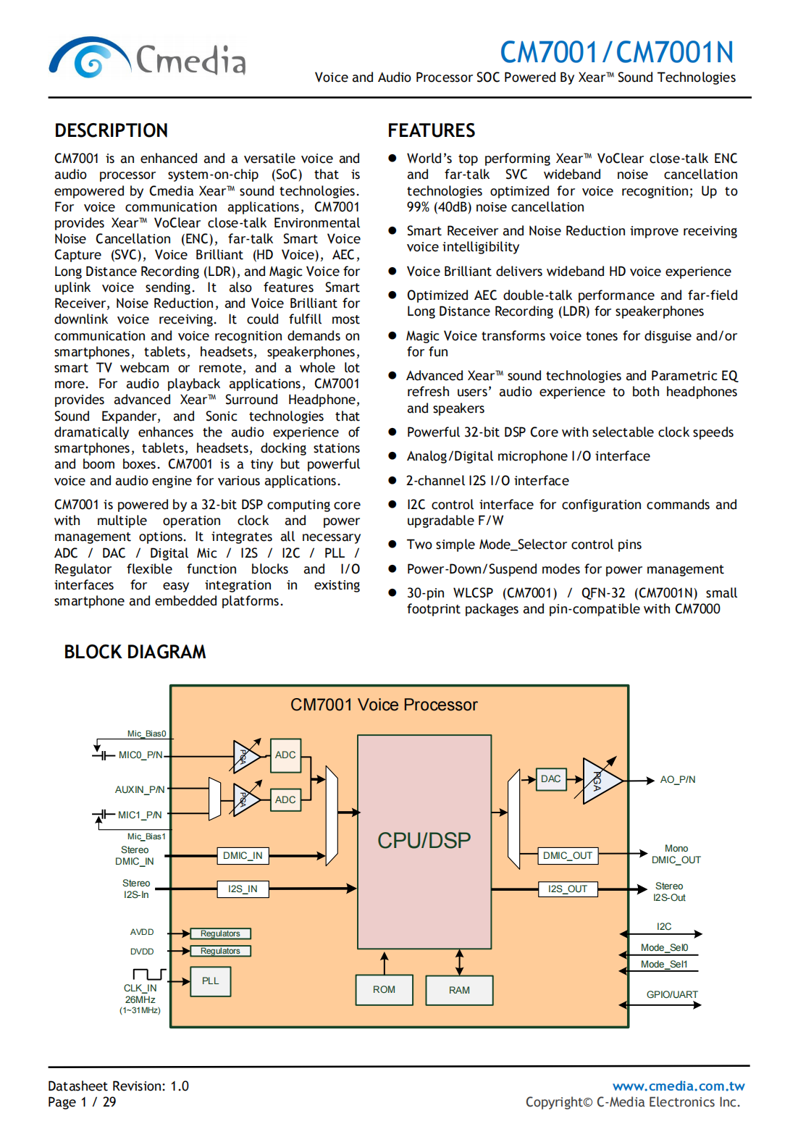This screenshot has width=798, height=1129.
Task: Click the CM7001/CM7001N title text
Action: pyautogui.click(x=616, y=52)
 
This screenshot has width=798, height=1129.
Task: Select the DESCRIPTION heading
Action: pyautogui.click(x=112, y=130)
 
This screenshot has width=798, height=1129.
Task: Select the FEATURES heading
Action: pyautogui.click(x=432, y=130)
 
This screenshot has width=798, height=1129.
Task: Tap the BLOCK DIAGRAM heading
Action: pyautogui.click(x=135, y=652)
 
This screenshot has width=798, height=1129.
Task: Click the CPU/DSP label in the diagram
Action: pyautogui.click(x=424, y=840)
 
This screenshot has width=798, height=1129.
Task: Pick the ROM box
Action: pyautogui.click(x=384, y=990)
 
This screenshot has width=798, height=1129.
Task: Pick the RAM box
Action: pyautogui.click(x=459, y=990)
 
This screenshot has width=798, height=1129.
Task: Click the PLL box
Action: pyautogui.click(x=211, y=981)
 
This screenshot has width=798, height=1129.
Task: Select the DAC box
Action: pyautogui.click(x=551, y=779)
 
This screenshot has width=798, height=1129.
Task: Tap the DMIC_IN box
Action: pyautogui.click(x=243, y=856)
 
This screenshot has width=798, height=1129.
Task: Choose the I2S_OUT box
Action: pyautogui.click(x=568, y=889)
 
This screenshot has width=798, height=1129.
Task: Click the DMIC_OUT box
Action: pyautogui.click(x=568, y=856)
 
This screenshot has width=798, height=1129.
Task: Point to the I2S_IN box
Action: pyautogui.click(x=243, y=889)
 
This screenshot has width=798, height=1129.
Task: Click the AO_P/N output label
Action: pyautogui.click(x=678, y=780)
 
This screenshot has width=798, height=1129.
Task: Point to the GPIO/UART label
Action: pyautogui.click(x=672, y=995)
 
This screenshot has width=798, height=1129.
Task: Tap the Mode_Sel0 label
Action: pyautogui.click(x=664, y=948)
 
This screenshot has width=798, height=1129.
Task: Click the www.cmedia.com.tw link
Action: pyautogui.click(x=679, y=1086)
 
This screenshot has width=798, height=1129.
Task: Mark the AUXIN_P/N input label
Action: pyautogui.click(x=140, y=790)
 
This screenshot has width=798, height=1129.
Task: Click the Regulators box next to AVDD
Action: pyautogui.click(x=220, y=934)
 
